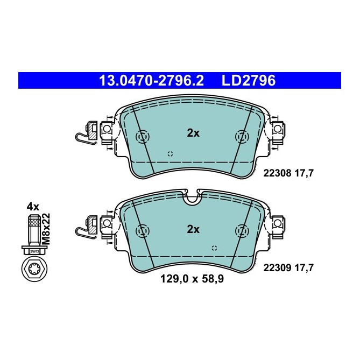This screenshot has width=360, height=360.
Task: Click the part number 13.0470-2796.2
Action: [151, 81]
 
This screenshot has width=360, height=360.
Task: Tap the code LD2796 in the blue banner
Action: [249, 81]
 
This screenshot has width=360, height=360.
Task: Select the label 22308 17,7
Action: [288, 173]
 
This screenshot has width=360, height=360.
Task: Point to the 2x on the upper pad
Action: [193, 133]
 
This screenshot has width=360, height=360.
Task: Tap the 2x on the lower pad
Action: [193, 229]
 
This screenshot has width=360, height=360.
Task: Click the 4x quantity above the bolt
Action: [33, 206]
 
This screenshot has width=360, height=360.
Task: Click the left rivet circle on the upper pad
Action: [143, 138]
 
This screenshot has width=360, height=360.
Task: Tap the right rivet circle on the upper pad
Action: [240, 138]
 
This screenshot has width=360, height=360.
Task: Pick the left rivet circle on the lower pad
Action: [143, 231]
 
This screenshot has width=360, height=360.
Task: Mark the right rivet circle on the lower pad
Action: [240, 231]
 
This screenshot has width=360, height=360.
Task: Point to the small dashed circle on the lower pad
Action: [214, 248]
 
